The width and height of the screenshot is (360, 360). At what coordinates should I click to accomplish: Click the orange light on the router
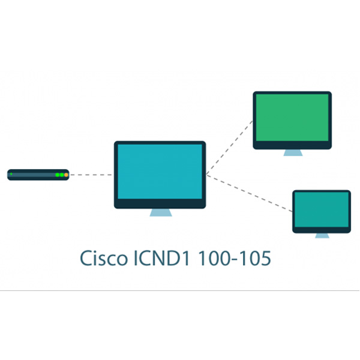[65, 175]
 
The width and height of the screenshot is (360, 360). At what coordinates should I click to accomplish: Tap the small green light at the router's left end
[11, 174]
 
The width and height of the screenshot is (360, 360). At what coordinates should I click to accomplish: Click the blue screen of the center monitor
[160, 172]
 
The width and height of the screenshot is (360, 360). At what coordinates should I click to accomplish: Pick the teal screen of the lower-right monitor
[321, 208]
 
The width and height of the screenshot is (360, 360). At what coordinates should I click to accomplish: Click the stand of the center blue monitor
[160, 212]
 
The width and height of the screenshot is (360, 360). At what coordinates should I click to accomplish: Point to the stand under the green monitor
[292, 152]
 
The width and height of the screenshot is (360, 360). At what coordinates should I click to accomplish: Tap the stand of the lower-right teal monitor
[321, 235]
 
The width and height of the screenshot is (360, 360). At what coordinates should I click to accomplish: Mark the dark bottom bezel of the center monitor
[160, 204]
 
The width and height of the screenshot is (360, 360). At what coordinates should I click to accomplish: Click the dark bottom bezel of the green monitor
[292, 145]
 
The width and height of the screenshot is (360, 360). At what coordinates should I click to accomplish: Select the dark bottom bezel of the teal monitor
[321, 228]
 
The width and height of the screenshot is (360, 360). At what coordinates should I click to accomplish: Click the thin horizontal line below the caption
[180, 291]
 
